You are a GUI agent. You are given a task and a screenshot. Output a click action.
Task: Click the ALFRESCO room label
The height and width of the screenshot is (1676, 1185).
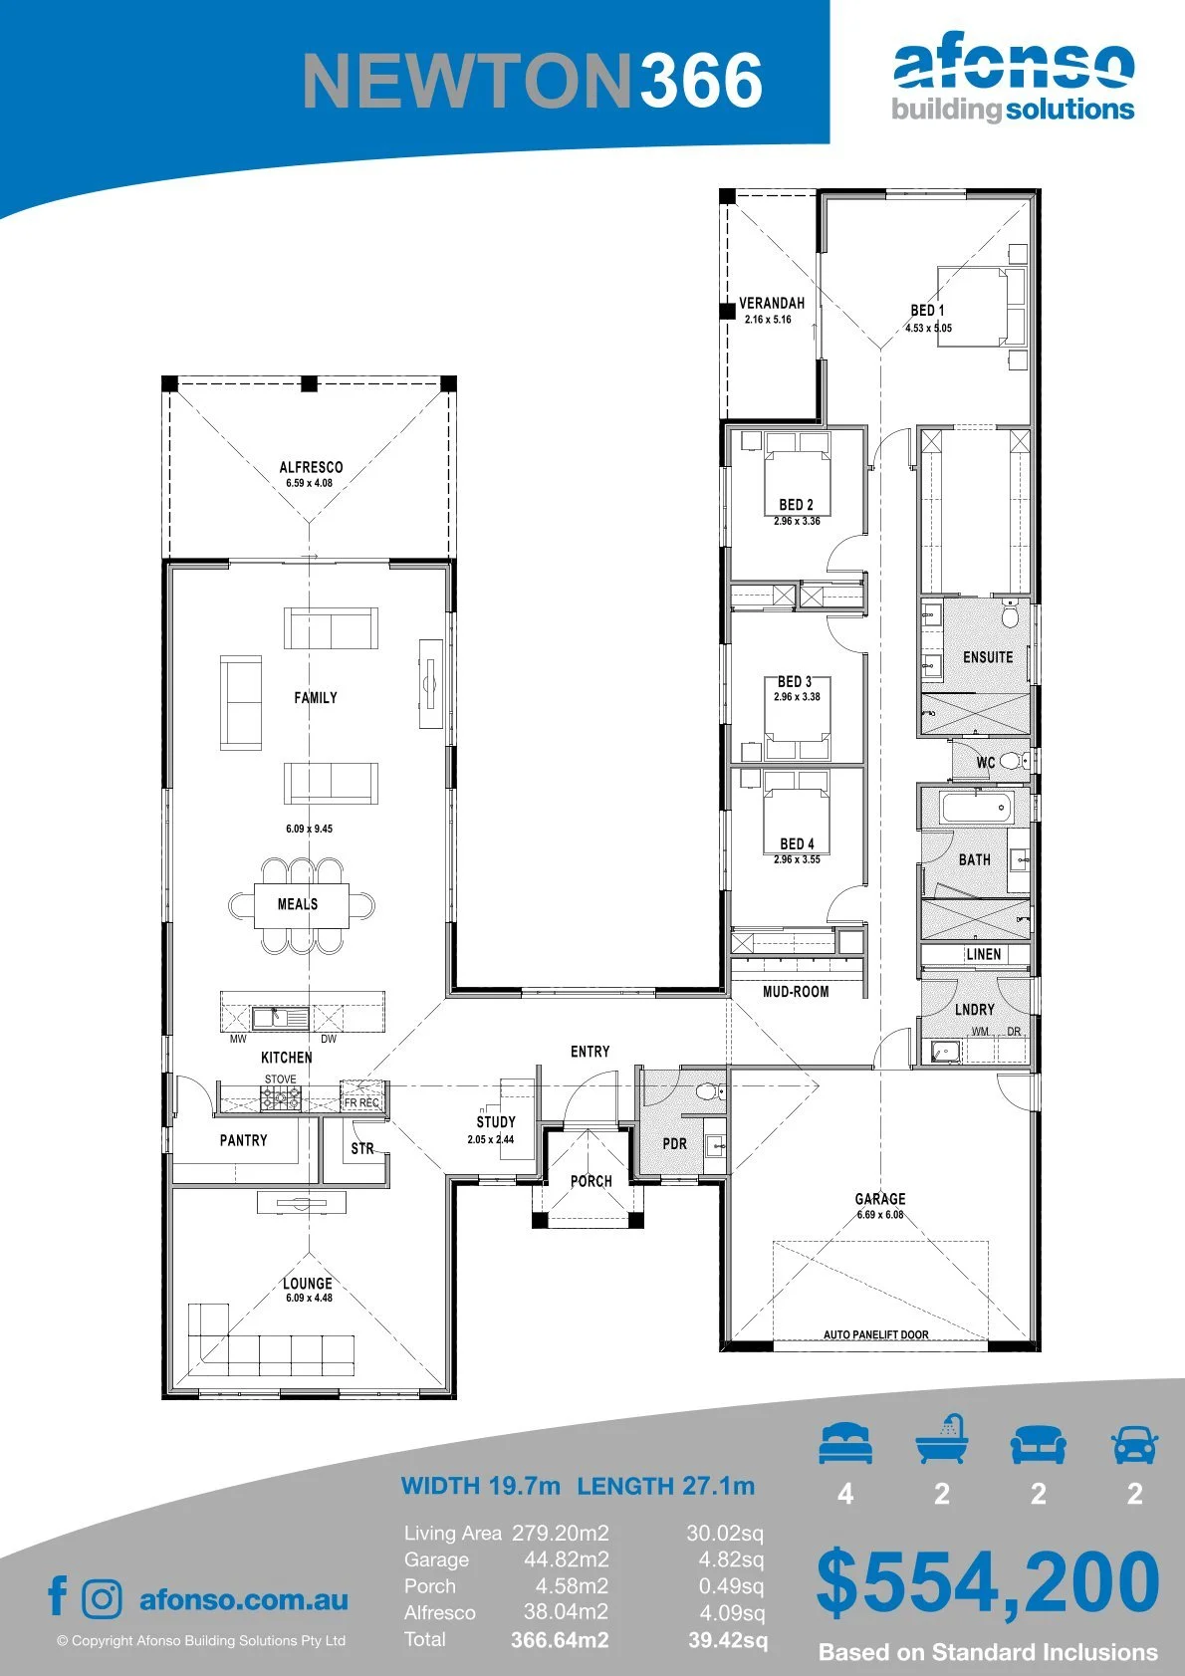(312, 467)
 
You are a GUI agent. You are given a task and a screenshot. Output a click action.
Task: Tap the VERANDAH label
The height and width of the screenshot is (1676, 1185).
(772, 303)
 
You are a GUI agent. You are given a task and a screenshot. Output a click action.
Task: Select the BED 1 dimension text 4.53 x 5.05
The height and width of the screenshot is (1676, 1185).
(928, 328)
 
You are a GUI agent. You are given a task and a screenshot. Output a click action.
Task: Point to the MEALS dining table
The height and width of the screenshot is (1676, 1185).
(302, 905)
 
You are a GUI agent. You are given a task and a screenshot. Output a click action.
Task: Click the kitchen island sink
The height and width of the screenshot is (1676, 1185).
(280, 1018)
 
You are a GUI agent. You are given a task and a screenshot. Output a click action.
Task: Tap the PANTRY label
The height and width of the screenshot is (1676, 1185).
(243, 1140)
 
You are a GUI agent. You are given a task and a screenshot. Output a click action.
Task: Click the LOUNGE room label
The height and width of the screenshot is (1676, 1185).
(308, 1284)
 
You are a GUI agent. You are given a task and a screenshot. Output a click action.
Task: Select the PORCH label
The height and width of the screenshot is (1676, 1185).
(591, 1181)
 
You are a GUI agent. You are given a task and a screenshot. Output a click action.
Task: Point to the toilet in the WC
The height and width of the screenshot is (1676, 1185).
(1013, 762)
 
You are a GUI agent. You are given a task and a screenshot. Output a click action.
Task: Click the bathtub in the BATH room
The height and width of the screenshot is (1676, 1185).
(976, 808)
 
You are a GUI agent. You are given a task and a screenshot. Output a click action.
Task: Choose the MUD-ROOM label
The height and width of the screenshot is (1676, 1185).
(796, 992)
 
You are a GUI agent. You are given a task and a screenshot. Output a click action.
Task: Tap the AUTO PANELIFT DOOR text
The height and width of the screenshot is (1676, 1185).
(876, 1334)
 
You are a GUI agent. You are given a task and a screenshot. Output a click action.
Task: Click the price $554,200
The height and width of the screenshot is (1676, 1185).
(988, 1581)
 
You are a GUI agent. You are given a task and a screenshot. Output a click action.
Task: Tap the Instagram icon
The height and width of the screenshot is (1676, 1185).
(101, 1599)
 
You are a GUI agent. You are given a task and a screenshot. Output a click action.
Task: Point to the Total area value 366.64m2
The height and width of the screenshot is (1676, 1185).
(560, 1640)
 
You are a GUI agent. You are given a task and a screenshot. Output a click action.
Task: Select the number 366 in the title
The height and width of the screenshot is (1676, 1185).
(701, 80)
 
